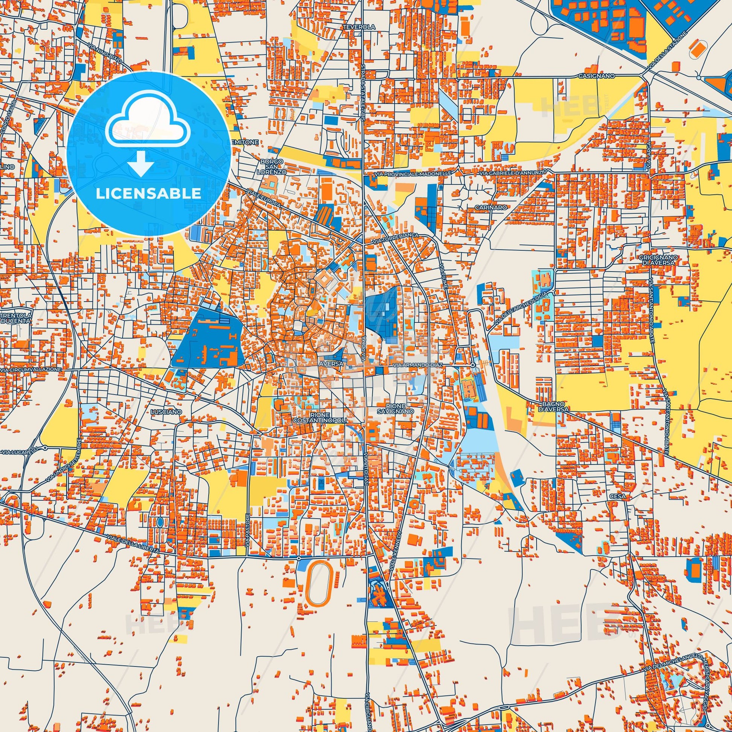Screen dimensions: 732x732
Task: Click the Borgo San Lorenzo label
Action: [x=272, y=166]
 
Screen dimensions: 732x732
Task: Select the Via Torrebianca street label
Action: [x=401, y=238]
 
